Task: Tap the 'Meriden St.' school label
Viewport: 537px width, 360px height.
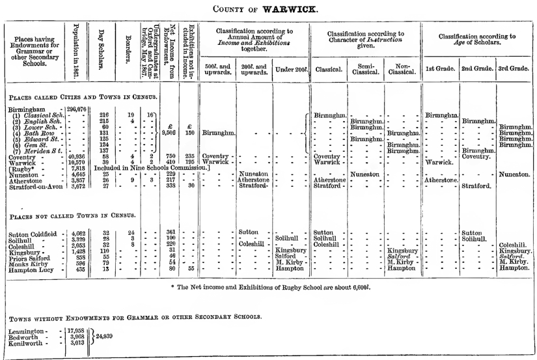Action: (x=34, y=150)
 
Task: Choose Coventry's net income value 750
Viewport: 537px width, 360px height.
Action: (x=171, y=156)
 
